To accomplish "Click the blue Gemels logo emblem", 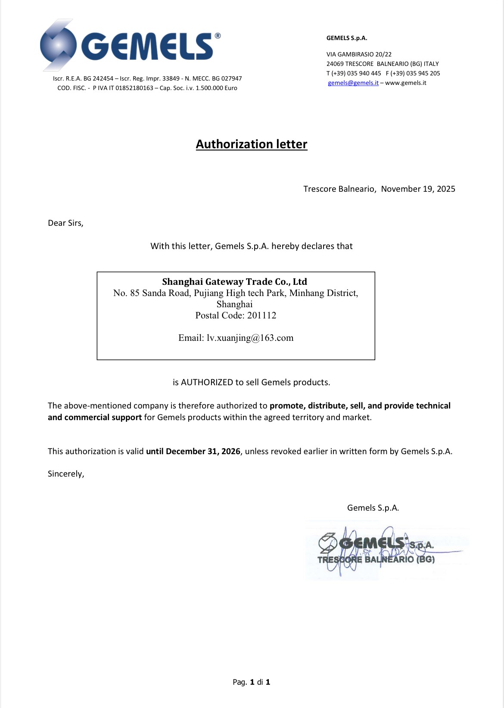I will [59, 45].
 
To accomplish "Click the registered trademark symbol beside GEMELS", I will [218, 36].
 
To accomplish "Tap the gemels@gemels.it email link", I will [353, 83].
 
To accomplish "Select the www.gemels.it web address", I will [406, 83].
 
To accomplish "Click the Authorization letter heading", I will [252, 144].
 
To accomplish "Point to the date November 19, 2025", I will [418, 189].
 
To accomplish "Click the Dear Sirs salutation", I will [65, 223].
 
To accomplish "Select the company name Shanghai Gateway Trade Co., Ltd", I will [234, 282].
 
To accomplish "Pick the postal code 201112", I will [261, 315].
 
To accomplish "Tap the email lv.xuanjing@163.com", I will [250, 338].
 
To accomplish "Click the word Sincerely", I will [65, 474].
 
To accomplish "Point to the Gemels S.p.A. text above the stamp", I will [373, 508].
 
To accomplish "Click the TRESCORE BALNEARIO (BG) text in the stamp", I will [376, 559].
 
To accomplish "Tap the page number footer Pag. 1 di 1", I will [252, 682].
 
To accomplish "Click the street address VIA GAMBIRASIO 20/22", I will [359, 54].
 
